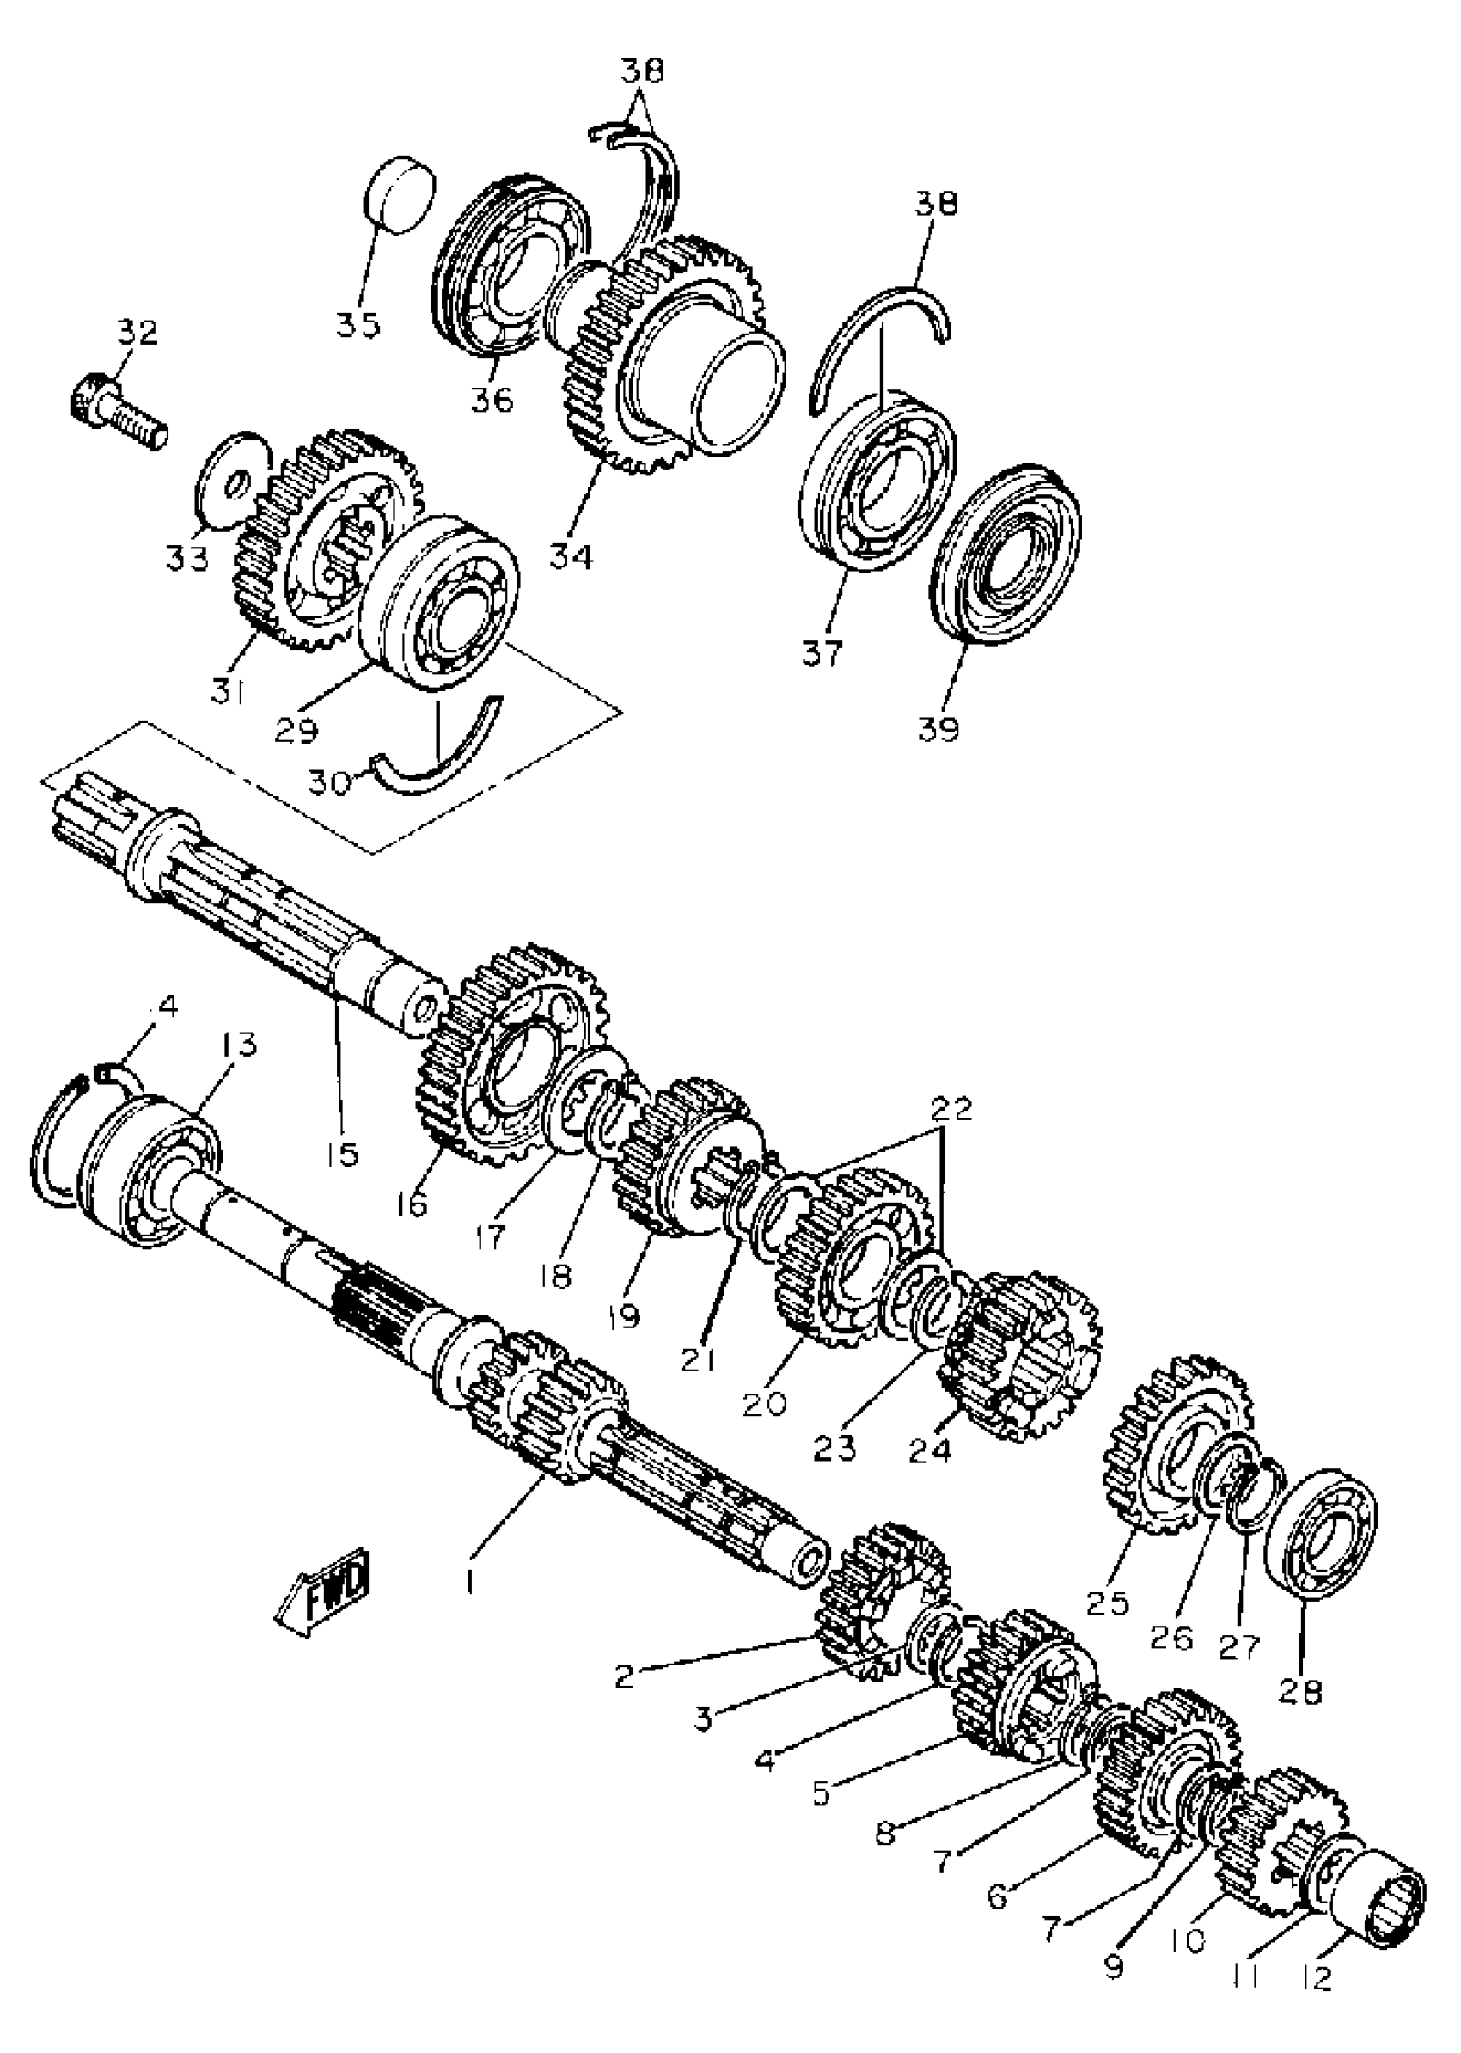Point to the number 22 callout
[952, 1110]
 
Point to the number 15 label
[342, 1153]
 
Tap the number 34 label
[572, 557]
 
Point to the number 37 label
[823, 652]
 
